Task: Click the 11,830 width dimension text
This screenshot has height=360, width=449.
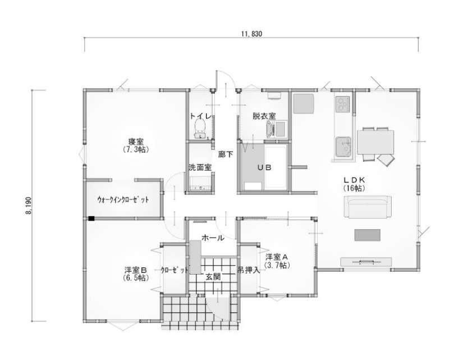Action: (x=251, y=34)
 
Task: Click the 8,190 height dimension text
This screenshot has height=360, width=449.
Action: (x=29, y=206)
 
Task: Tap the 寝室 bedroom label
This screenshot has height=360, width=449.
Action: (x=136, y=142)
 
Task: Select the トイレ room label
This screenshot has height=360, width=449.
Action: (x=201, y=116)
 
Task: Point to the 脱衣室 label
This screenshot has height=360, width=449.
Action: (x=264, y=116)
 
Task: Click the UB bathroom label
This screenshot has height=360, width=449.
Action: (x=264, y=167)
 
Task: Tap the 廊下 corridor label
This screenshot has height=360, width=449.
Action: (x=226, y=154)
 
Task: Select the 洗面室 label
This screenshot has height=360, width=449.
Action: (x=200, y=167)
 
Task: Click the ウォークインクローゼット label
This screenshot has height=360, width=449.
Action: (x=123, y=199)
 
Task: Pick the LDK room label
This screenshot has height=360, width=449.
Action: (x=354, y=180)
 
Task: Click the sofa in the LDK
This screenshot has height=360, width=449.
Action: (x=368, y=207)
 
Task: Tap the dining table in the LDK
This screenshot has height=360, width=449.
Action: (x=375, y=142)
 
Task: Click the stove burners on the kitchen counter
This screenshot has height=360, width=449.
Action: (x=343, y=104)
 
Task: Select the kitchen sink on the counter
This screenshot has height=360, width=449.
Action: (x=343, y=147)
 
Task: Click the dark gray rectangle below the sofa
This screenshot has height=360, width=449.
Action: (x=368, y=235)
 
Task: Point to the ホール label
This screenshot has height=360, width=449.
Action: (x=213, y=238)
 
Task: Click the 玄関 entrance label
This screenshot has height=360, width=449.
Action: (x=213, y=277)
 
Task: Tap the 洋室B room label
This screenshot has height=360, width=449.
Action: (x=136, y=270)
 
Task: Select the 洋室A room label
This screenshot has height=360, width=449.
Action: (x=276, y=257)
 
